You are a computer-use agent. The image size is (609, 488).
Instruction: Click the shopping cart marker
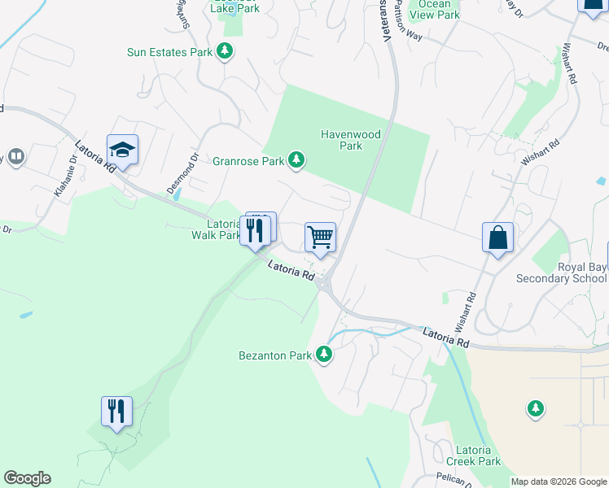point(320,237)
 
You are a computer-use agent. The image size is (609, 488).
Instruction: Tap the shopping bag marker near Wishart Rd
point(497,237)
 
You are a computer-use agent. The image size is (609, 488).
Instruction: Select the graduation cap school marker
point(122,150)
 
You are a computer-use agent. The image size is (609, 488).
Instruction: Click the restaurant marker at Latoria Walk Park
point(255,231)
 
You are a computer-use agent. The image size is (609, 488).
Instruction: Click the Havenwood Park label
point(340,140)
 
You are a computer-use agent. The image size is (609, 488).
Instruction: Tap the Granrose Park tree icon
point(298,160)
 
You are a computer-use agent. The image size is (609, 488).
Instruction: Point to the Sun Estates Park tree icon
point(226,52)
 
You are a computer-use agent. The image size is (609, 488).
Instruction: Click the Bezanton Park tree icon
point(325,355)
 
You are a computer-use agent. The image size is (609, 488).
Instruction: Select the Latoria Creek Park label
point(474,455)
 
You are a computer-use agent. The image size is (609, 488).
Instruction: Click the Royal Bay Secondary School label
point(562,272)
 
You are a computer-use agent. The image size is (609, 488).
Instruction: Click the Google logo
point(27,478)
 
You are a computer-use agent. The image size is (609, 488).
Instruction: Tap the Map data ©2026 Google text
point(559,481)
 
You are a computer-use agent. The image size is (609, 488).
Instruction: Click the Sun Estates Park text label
point(169,53)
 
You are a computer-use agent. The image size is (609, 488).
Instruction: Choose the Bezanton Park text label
point(275,355)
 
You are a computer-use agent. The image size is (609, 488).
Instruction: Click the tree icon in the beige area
point(536,407)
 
